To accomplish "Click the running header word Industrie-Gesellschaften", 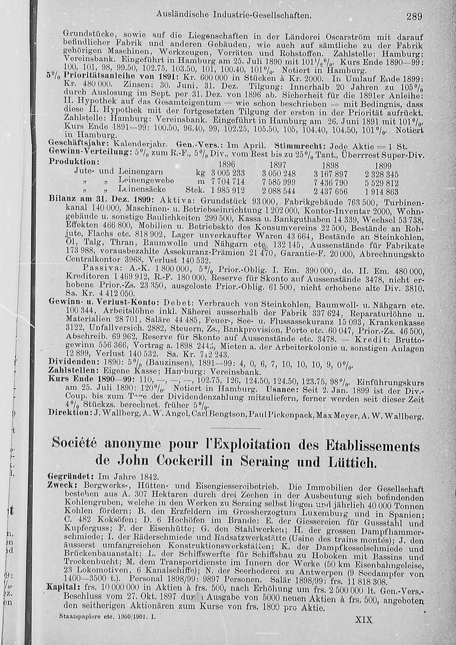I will [x=263, y=15].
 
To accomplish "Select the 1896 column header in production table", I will [x=227, y=164].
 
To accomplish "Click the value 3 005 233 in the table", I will [x=228, y=174].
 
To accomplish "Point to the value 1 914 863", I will [x=382, y=192].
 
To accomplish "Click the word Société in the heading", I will [x=78, y=444].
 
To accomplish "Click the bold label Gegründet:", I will [x=71, y=476].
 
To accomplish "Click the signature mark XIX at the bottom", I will [x=363, y=620].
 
